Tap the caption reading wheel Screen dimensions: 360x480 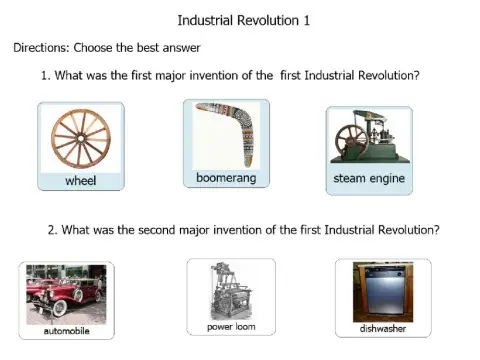pos(80,181)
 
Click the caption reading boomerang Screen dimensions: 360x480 pos(227,178)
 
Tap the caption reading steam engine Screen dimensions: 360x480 pos(369,181)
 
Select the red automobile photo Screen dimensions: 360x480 pos(66,291)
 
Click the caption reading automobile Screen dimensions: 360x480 pos(67,330)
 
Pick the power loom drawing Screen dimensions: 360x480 pos(230,290)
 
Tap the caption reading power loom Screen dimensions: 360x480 pos(230,327)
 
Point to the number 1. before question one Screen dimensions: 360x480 pos(46,76)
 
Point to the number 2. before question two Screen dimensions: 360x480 pos(53,229)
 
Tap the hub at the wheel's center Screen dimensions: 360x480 pos(80,137)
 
